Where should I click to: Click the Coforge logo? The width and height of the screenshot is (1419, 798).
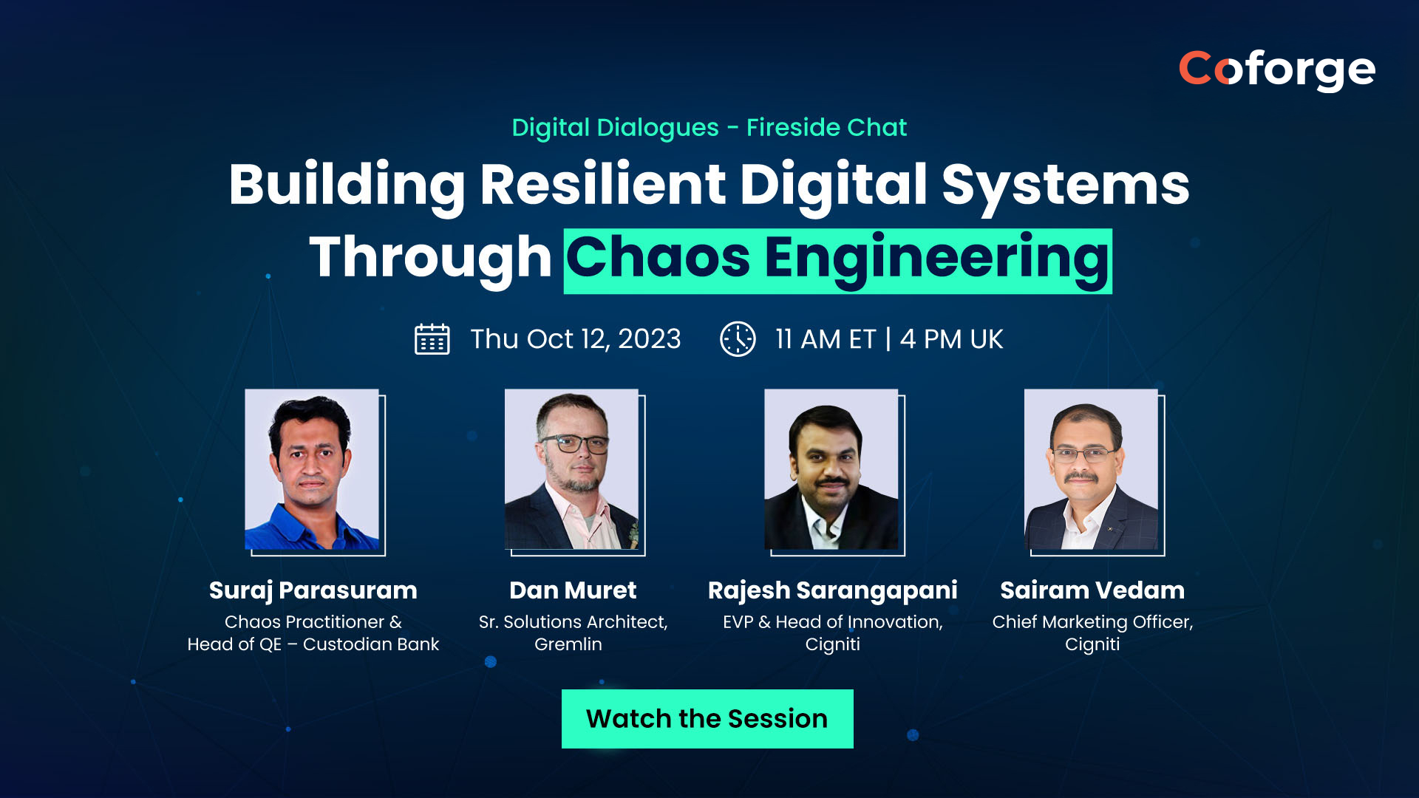point(1276,70)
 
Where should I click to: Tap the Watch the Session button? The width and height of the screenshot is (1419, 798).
point(707,719)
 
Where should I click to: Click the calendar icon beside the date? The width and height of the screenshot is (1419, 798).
point(432,339)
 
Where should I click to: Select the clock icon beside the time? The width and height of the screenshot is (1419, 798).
point(738,339)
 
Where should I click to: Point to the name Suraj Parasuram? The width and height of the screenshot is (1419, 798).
point(313,590)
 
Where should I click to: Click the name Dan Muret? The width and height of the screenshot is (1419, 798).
point(573,590)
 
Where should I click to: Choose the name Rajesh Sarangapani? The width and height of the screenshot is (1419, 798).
point(833,590)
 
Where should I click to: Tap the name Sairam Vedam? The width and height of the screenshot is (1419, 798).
point(1092,590)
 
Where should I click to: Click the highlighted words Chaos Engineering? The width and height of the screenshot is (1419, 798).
point(838,261)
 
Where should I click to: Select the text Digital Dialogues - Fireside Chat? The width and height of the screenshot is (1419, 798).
point(709,128)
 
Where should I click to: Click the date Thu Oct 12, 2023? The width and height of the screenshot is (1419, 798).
point(576,339)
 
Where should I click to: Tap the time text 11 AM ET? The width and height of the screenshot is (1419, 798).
point(826,339)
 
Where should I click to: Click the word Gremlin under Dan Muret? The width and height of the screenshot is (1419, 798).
point(568,644)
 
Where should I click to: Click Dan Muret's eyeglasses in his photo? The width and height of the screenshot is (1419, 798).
point(574,444)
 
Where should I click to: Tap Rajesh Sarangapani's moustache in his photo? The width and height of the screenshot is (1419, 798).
point(833,482)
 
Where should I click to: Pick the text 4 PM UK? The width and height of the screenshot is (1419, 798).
point(951,339)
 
